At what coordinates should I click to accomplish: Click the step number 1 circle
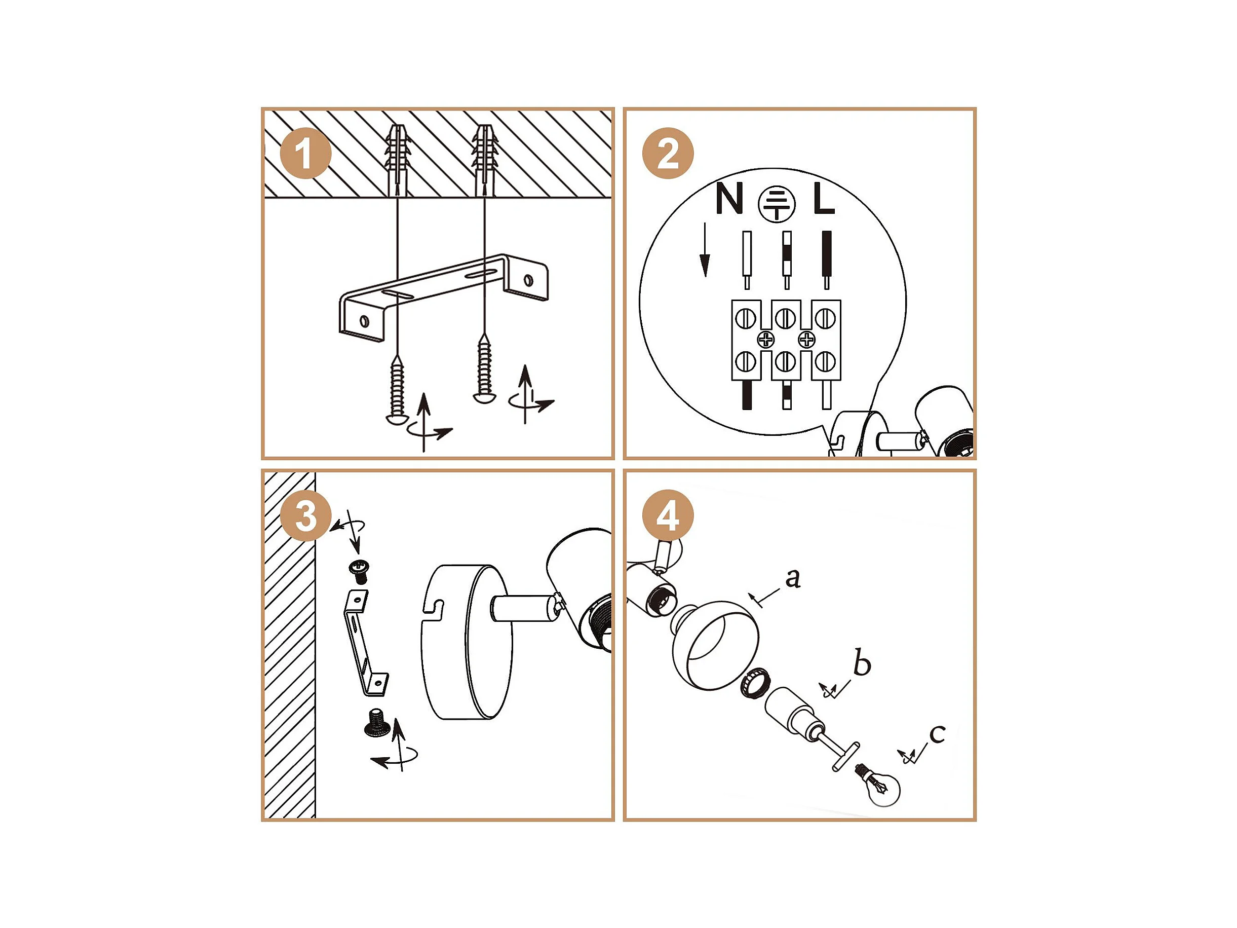tap(305, 153)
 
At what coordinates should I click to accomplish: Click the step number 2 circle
tap(668, 153)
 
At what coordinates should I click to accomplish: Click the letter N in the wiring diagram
tap(729, 198)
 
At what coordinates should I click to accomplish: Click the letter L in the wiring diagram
tap(823, 198)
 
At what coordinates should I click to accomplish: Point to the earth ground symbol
tap(776, 204)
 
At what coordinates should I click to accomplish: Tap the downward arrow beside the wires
tap(705, 249)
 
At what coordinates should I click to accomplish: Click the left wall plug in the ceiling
tap(397, 161)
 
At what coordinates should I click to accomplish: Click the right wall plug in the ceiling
tap(484, 161)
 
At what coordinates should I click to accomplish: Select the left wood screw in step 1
tap(397, 390)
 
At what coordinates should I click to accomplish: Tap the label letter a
tap(793, 578)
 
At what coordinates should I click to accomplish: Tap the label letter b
tap(862, 662)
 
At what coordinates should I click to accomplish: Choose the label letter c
tap(937, 734)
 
